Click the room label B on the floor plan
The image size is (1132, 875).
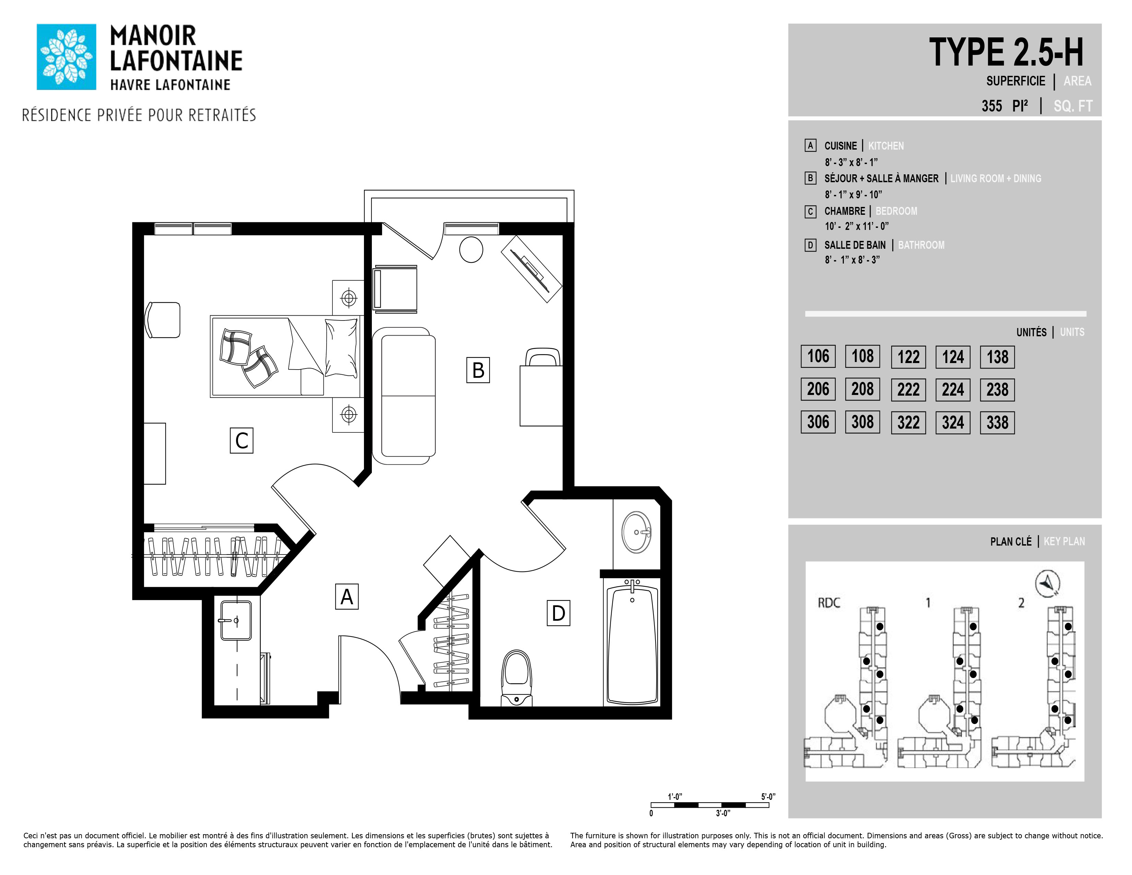point(478,370)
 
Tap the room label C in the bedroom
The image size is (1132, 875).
point(241,441)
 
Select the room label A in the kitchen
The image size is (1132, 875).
point(347,597)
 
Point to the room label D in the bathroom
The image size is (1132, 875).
point(558,613)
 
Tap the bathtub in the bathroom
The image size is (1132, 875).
point(632,643)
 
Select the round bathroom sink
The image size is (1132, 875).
point(636,532)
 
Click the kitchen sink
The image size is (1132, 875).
point(236,620)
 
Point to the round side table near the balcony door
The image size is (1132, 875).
point(471,250)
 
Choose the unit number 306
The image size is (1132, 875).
point(818,422)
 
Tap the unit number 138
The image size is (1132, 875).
point(997,357)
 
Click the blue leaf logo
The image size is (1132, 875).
point(66,57)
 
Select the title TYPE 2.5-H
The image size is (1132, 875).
point(1006,52)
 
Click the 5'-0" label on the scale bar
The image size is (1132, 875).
point(768,796)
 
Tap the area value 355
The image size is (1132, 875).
point(992,106)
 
